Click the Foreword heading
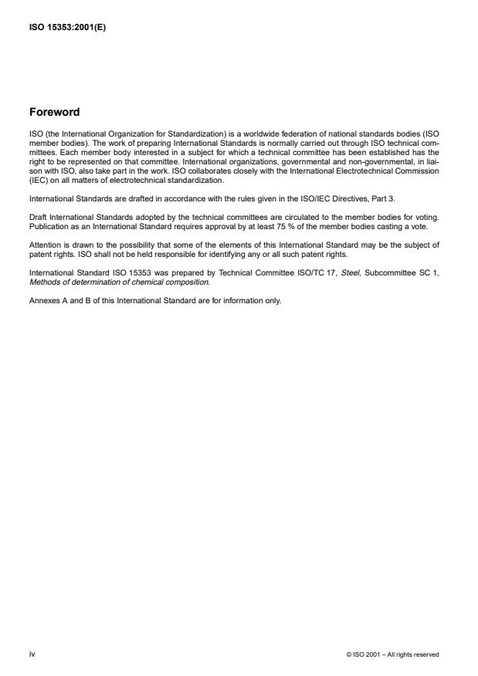click(x=54, y=112)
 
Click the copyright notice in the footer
click(x=393, y=654)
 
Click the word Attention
click(x=43, y=243)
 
